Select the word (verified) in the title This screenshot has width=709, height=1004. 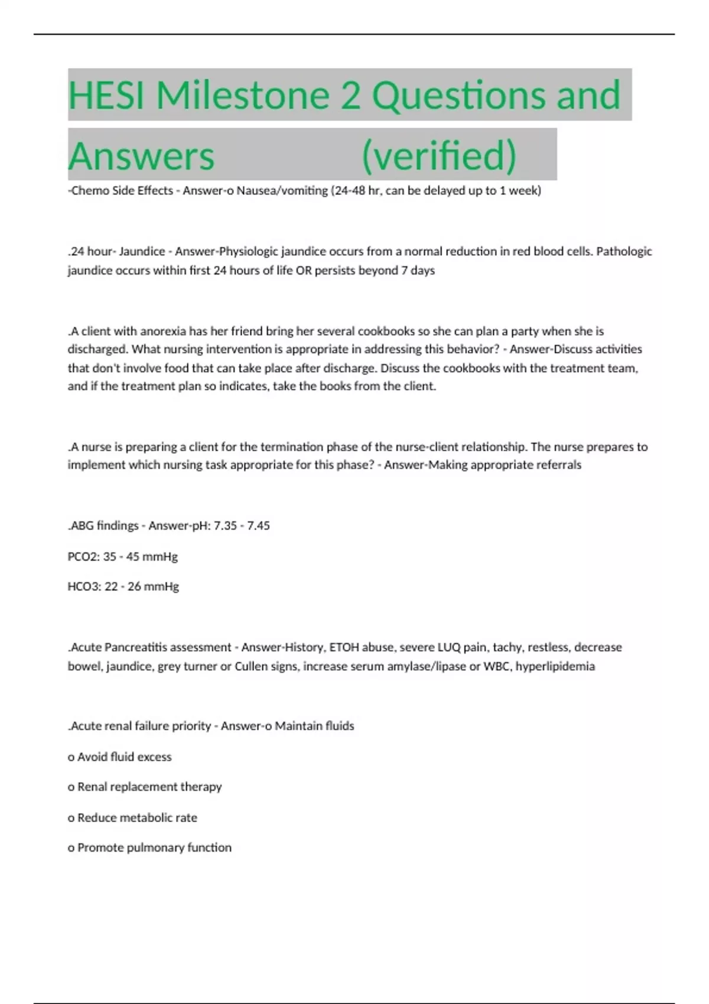[438, 155]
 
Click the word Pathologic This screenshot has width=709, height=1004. [624, 252]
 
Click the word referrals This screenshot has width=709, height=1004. [558, 465]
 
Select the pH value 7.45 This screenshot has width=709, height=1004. [256, 526]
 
